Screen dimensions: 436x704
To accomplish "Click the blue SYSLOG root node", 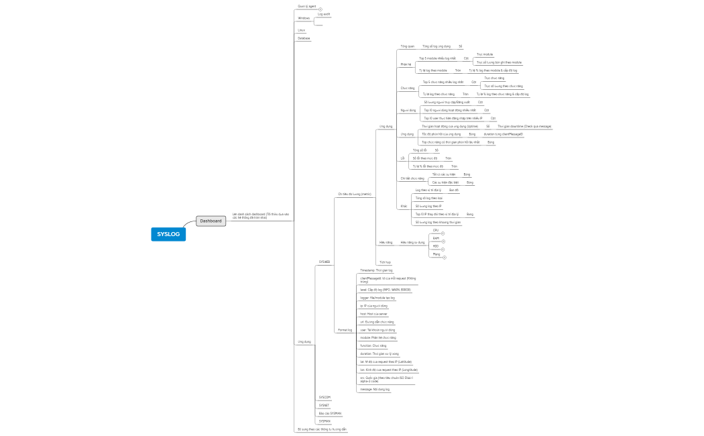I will (x=168, y=234).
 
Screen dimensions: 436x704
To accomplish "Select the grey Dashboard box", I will (x=211, y=221).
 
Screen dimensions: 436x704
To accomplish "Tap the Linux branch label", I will (x=302, y=30).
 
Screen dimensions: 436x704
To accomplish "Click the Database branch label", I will (x=304, y=38).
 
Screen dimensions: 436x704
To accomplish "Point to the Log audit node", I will (x=324, y=13).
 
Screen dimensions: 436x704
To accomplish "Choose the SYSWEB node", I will (x=325, y=261).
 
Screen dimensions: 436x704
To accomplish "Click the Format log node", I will (x=345, y=330).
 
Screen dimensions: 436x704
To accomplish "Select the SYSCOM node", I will (x=325, y=397).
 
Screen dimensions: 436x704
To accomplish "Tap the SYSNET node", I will (x=325, y=405).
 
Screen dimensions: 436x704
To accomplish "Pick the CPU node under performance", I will (x=436, y=230).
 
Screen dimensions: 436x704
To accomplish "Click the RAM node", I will (x=436, y=238).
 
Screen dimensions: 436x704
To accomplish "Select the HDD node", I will (x=436, y=246).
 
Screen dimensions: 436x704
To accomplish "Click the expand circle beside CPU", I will (x=443, y=233).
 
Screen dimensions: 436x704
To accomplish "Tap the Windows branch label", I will (x=304, y=18).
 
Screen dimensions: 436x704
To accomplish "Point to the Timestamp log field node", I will (x=376, y=270).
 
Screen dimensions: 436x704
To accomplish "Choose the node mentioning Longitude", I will (x=389, y=370).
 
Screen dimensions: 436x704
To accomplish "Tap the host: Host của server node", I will (x=373, y=313).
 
